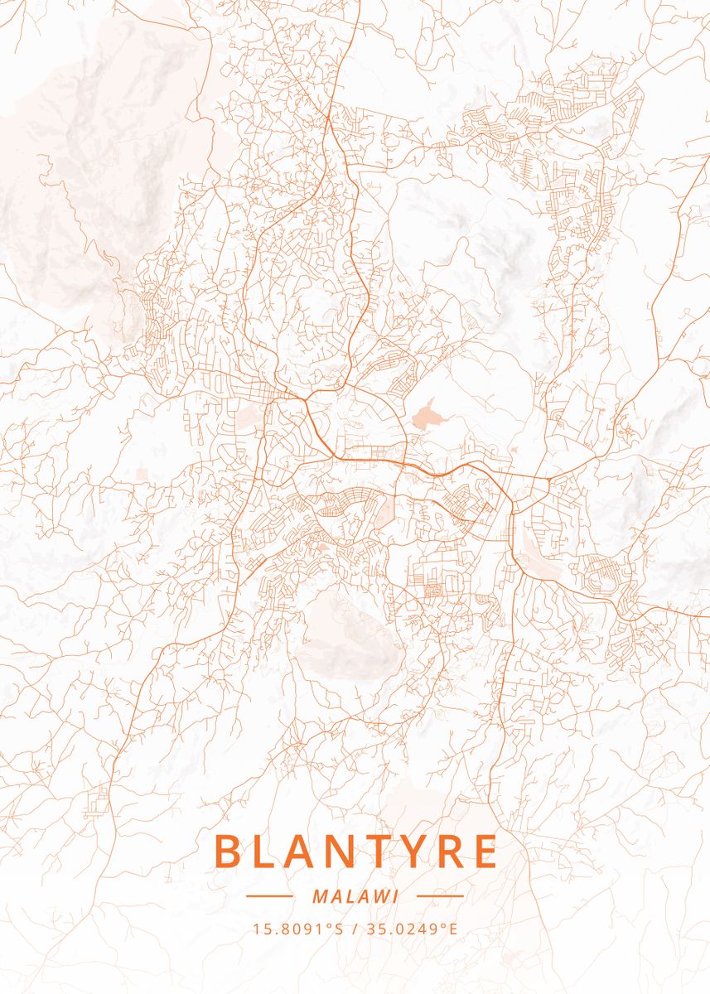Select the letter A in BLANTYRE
302,852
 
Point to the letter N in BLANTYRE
341,852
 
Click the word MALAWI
355,896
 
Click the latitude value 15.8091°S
298,929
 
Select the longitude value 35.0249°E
410,929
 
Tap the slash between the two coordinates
355,929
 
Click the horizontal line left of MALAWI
269,896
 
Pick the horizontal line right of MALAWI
439,896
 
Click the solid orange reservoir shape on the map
427,413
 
